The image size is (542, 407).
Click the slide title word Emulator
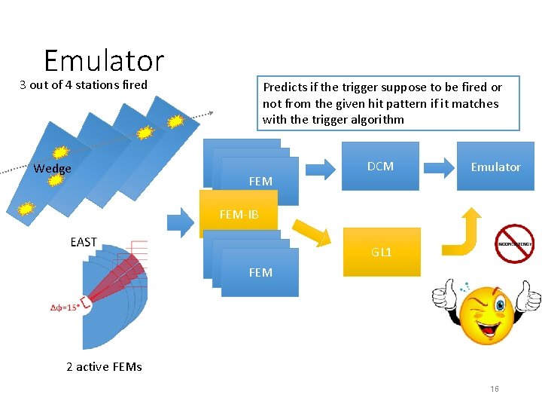(104, 60)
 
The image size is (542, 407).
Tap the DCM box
(380, 167)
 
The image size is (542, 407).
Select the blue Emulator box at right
(495, 167)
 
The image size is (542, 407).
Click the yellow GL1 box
(381, 252)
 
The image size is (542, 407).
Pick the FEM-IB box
(239, 215)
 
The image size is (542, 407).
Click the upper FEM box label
(260, 181)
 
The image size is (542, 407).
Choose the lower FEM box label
(260, 272)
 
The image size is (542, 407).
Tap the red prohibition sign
(514, 243)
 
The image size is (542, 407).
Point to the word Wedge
(53, 169)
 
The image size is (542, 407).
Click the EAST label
(84, 242)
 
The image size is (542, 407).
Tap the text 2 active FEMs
(104, 367)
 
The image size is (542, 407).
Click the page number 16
(495, 389)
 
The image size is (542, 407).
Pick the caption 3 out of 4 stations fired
(84, 84)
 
